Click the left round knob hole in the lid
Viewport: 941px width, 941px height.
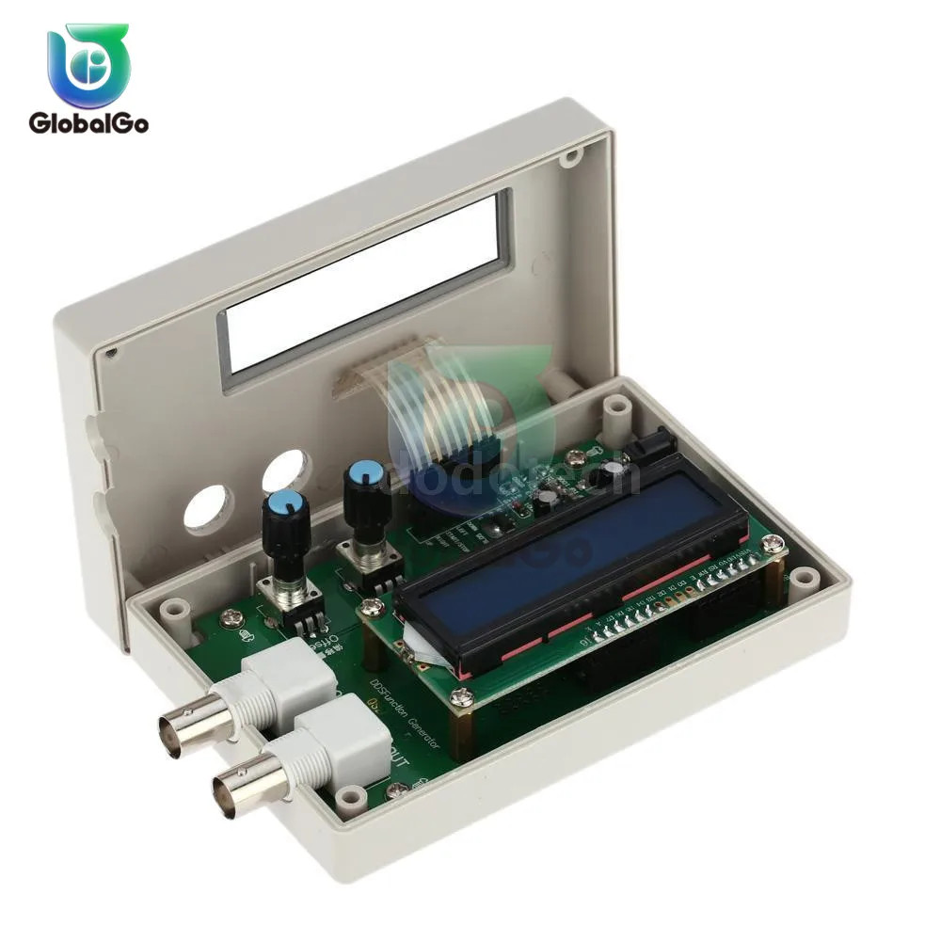208,509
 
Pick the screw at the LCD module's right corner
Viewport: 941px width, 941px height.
772,543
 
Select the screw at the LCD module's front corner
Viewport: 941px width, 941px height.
460,696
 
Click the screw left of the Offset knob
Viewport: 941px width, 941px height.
230,617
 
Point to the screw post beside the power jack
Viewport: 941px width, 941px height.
616,410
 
